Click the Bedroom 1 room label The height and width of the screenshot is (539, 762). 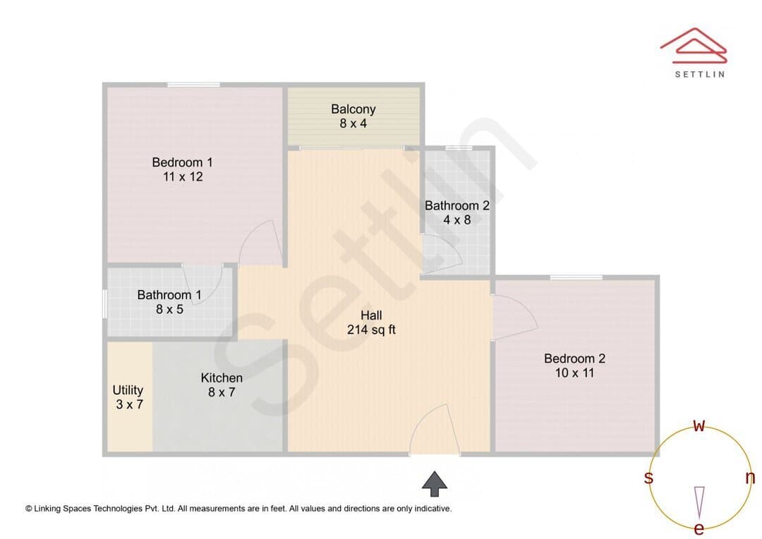pyautogui.click(x=182, y=169)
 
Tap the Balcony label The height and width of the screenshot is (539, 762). pyautogui.click(x=353, y=116)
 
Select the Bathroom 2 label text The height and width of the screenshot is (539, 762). pyautogui.click(x=456, y=212)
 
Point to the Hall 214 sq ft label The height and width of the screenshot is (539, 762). pyautogui.click(x=371, y=322)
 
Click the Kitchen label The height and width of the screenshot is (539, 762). pyautogui.click(x=222, y=384)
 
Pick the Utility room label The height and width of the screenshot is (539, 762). pyautogui.click(x=128, y=397)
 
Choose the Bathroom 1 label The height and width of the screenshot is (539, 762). pyautogui.click(x=169, y=302)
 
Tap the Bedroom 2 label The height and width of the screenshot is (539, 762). pyautogui.click(x=574, y=365)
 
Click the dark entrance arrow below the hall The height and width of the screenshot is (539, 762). pyautogui.click(x=435, y=483)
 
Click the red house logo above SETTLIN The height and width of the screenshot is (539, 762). pyautogui.click(x=694, y=46)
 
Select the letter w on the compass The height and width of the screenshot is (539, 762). pyautogui.click(x=698, y=426)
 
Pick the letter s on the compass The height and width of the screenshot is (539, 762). pyautogui.click(x=648, y=478)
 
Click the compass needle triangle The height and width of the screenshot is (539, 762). pyautogui.click(x=699, y=502)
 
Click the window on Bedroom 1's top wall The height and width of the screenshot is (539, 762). pyautogui.click(x=193, y=85)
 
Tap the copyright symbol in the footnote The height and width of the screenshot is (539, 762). pyautogui.click(x=29, y=509)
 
